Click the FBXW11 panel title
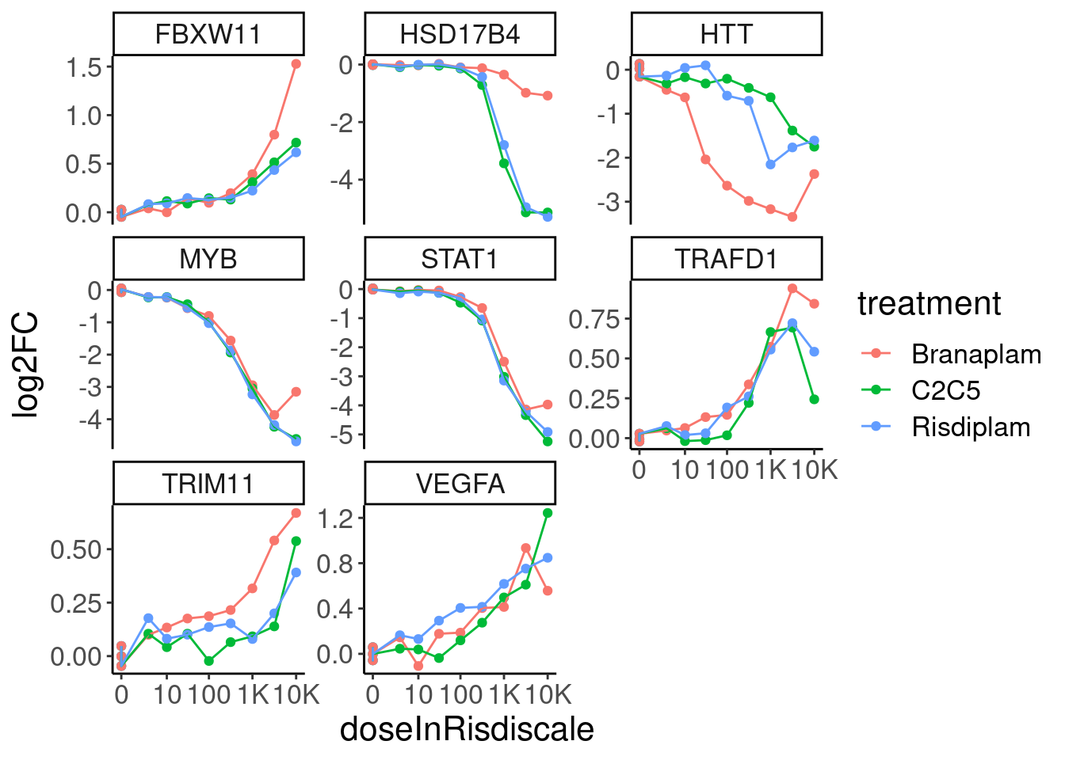click(208, 35)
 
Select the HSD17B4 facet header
click(460, 35)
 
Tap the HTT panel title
click(726, 35)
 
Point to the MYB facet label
click(208, 259)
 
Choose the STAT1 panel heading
click(460, 259)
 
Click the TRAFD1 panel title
click(726, 259)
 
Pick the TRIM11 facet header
click(208, 484)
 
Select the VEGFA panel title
click(460, 484)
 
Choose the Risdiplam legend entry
click(971, 427)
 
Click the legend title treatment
click(929, 304)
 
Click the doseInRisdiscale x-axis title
click(467, 729)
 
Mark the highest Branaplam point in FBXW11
click(296, 64)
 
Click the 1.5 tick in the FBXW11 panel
click(85, 67)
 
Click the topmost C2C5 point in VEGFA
click(548, 513)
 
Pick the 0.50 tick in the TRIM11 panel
click(76, 549)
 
